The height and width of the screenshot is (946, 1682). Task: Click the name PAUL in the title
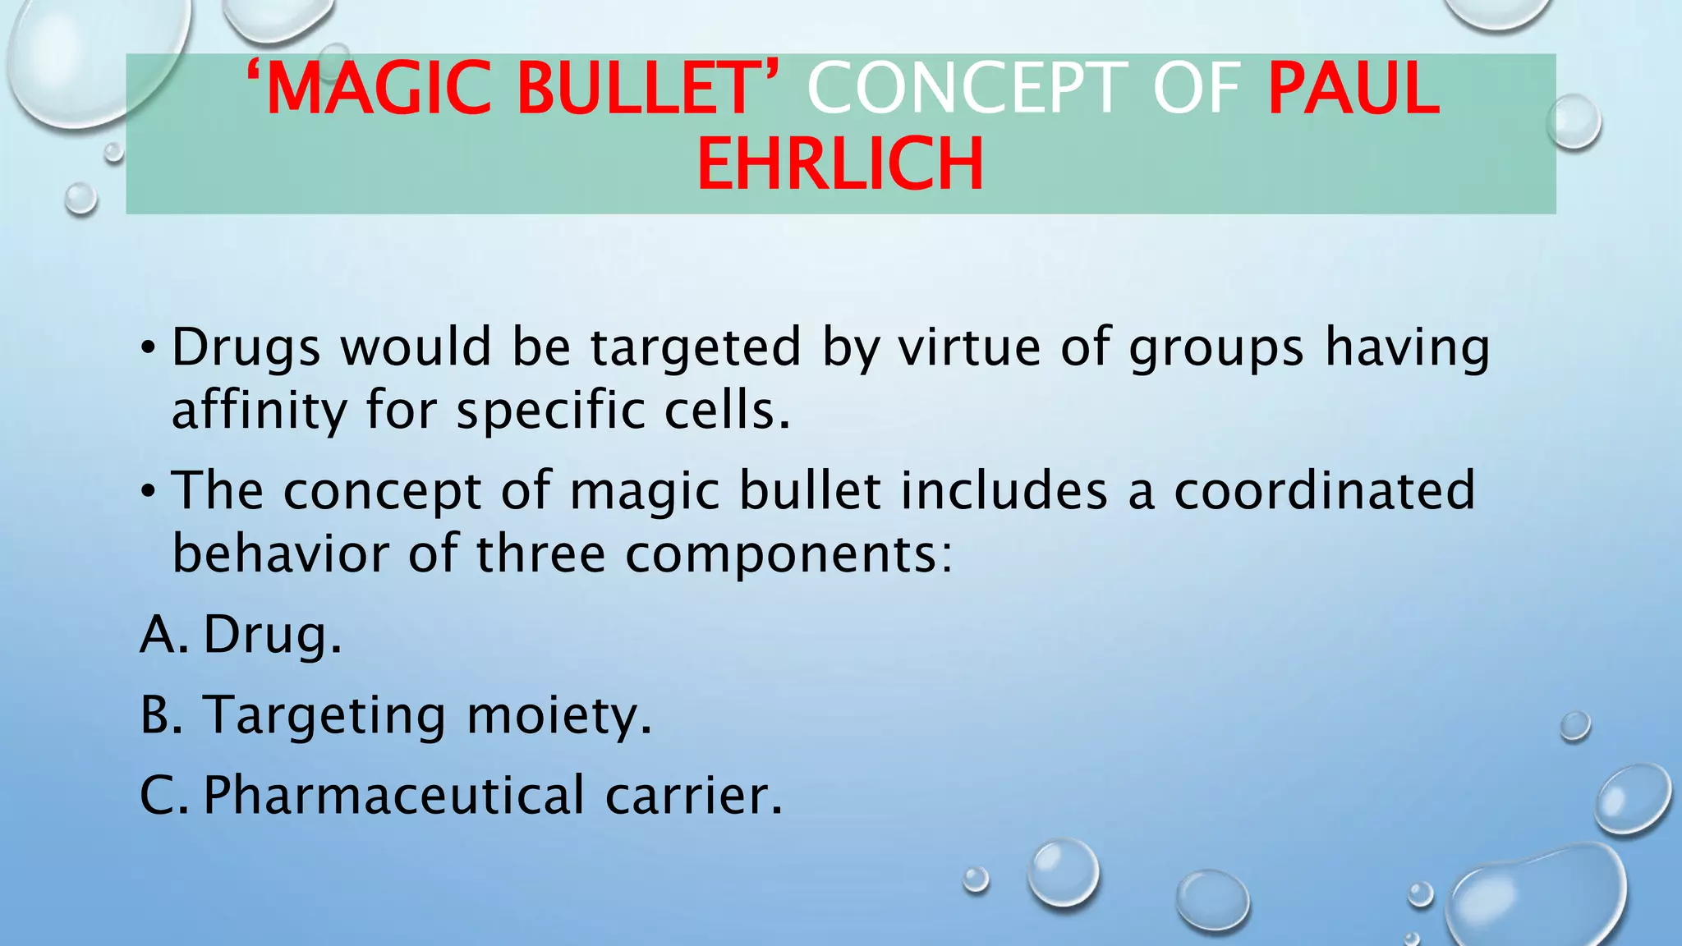pyautogui.click(x=1353, y=90)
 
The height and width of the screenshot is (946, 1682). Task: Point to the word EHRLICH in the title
pyautogui.click(x=840, y=164)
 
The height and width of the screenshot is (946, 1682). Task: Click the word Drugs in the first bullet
pyautogui.click(x=246, y=348)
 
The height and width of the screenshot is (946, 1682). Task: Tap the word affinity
pyautogui.click(x=260, y=411)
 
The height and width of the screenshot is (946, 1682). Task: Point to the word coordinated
pyautogui.click(x=1324, y=490)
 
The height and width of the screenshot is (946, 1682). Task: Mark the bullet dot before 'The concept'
pyautogui.click(x=148, y=492)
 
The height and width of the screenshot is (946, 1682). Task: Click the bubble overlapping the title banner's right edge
pyautogui.click(x=1574, y=122)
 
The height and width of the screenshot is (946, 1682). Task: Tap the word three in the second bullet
pyautogui.click(x=541, y=553)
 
